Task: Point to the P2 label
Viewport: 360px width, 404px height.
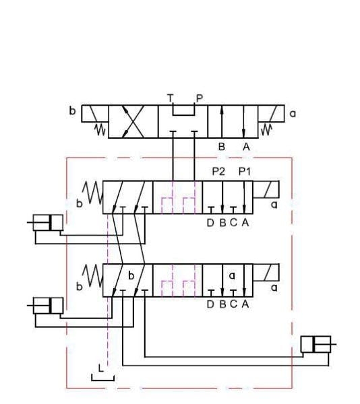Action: pos(218,172)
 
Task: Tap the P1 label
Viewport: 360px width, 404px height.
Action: pos(244,172)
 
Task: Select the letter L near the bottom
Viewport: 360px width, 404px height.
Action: pos(101,368)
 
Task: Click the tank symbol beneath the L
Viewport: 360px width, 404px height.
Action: pos(102,378)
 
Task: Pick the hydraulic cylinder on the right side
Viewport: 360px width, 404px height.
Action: pos(318,345)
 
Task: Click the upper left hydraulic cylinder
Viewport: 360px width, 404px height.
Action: pos(48,222)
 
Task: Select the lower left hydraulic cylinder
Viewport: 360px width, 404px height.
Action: pos(48,305)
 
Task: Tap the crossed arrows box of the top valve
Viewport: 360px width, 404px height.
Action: pos(133,123)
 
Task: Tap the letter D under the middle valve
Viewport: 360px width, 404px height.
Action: pos(210,224)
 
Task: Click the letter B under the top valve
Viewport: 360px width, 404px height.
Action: pos(220,145)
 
